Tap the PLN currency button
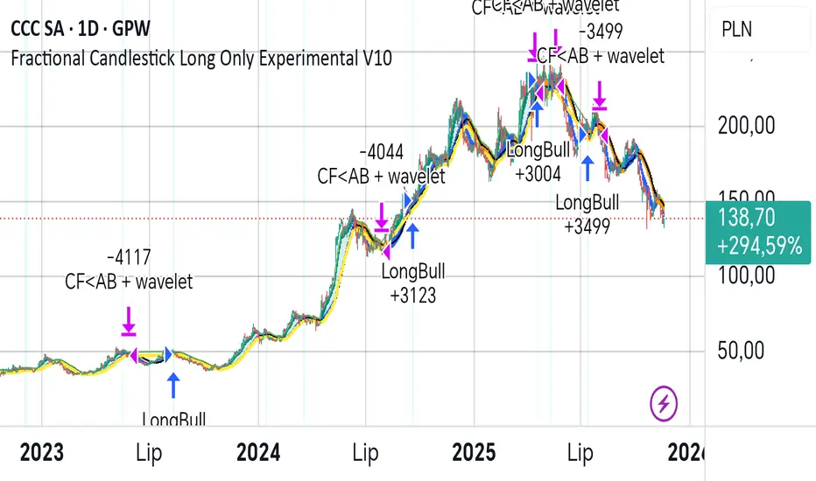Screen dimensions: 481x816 [736, 30]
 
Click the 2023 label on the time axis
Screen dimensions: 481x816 [41, 453]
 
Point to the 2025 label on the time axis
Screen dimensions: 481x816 [474, 453]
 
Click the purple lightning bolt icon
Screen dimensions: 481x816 [665, 403]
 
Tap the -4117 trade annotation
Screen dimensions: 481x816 [128, 259]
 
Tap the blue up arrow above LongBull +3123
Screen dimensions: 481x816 [412, 234]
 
